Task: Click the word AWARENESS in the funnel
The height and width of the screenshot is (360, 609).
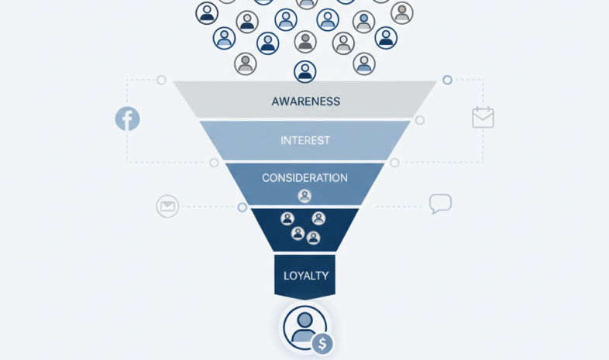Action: point(305,101)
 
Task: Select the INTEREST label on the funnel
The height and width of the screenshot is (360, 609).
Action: point(305,141)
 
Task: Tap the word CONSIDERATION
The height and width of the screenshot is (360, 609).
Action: point(304,178)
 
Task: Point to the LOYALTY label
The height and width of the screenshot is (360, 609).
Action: point(305,276)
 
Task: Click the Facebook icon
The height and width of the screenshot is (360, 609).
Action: point(127,118)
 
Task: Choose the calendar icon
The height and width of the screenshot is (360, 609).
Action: point(483,118)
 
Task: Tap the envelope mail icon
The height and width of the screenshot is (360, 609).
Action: point(167,207)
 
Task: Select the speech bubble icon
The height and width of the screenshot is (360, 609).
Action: point(440,204)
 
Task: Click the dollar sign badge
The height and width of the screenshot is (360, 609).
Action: point(322,343)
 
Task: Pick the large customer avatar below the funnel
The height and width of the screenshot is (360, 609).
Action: point(304,325)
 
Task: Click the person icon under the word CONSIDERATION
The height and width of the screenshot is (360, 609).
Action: point(304,196)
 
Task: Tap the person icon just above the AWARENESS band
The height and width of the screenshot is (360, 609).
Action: point(305,72)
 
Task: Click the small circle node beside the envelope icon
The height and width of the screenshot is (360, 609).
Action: point(243,207)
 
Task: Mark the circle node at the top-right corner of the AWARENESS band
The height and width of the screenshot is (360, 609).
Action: point(447,80)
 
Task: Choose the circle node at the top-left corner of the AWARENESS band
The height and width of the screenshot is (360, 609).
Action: point(161,80)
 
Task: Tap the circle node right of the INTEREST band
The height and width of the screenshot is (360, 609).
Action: point(420,120)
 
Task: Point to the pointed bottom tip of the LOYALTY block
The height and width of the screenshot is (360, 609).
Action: point(304,300)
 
